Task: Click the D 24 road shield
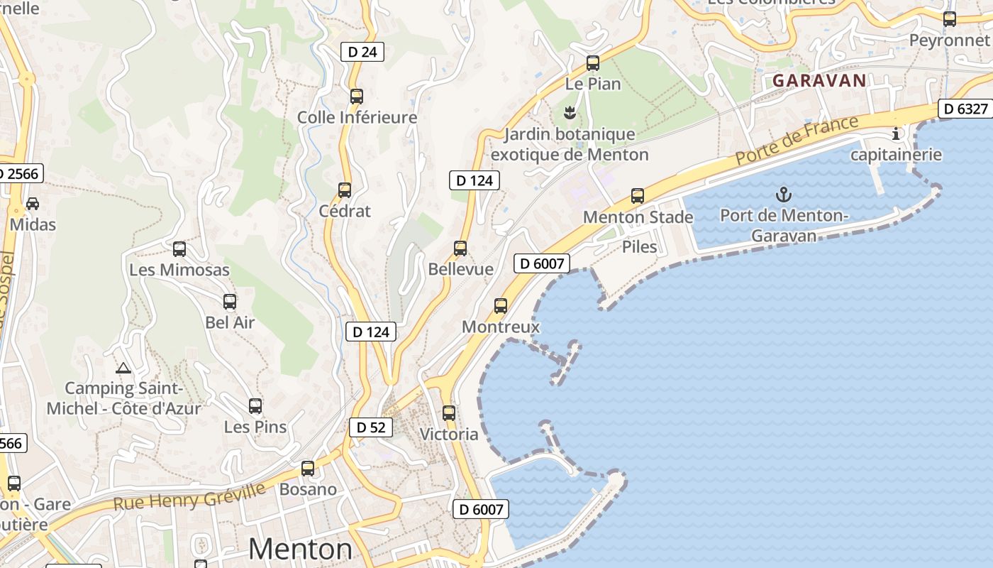tap(362, 52)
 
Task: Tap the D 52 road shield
tap(370, 427)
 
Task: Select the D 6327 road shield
tap(965, 109)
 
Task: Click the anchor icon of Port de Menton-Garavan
tap(784, 194)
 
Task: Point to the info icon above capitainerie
tap(896, 133)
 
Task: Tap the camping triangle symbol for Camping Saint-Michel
tap(123, 368)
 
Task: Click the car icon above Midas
tap(33, 204)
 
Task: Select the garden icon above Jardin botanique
tap(569, 112)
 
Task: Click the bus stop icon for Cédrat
tap(345, 190)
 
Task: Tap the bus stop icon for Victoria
tap(449, 413)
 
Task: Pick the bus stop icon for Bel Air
tap(230, 301)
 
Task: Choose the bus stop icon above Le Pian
tap(593, 62)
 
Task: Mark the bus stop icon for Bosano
tap(308, 468)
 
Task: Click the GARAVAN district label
tap(819, 80)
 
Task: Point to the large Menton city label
tap(300, 549)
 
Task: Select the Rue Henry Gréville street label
tap(189, 496)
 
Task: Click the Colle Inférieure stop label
tap(357, 117)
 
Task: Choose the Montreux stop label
tap(501, 327)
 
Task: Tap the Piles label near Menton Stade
tap(639, 247)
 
